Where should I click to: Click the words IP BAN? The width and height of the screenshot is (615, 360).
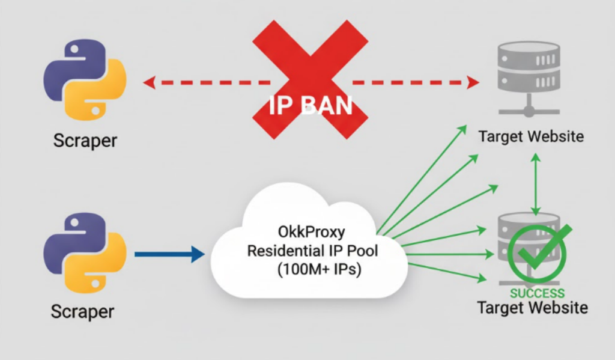tap(310, 106)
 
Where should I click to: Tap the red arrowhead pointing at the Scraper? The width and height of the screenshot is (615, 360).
tap(148, 82)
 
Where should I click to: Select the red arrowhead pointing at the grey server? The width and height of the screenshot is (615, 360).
tap(473, 82)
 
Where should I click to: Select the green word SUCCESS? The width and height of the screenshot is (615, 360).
tap(537, 293)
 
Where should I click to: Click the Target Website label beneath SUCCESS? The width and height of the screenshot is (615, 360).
tap(532, 308)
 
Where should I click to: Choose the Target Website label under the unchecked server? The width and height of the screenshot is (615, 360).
tap(531, 136)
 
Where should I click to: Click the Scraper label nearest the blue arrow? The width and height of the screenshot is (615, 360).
tap(82, 312)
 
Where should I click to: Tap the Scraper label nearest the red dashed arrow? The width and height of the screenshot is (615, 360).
tap(85, 141)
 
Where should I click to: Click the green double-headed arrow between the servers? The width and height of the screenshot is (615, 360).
tap(535, 183)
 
